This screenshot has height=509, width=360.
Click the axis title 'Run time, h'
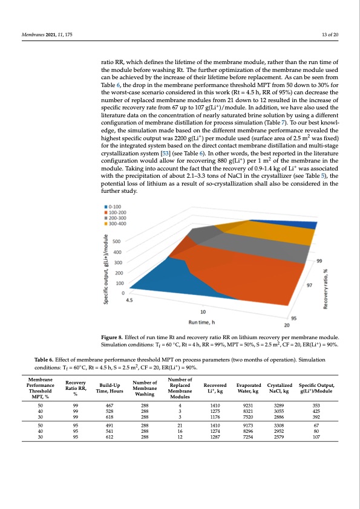point(203,321)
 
